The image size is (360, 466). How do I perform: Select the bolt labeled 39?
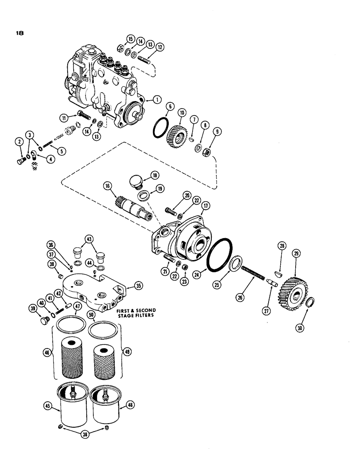45,322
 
